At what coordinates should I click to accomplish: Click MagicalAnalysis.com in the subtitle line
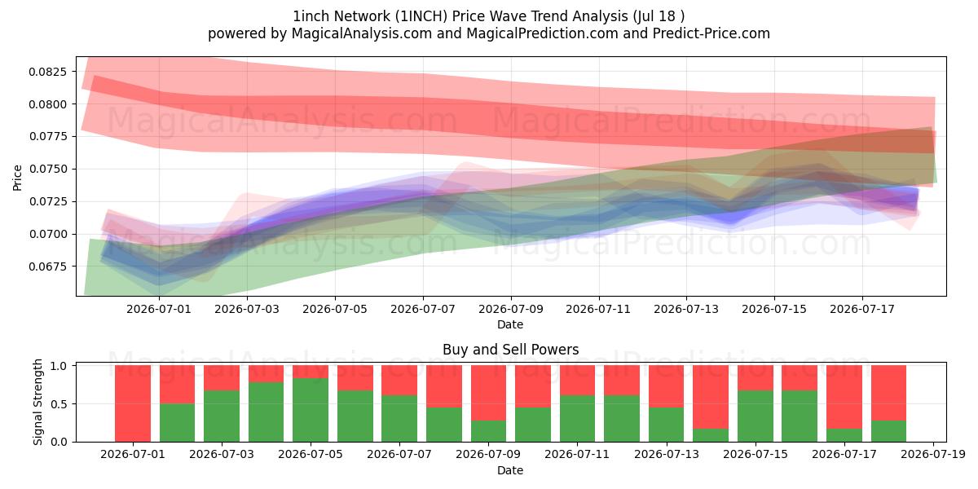point(362,33)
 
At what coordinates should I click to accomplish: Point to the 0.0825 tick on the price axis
point(48,72)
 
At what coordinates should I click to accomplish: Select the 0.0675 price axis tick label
point(48,267)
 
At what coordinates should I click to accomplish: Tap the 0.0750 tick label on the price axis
point(48,169)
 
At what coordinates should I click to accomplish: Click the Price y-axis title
point(17,178)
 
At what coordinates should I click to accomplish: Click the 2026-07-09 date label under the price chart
point(511,309)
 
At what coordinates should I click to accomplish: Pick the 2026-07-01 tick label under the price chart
point(159,309)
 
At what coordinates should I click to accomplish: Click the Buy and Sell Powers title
point(511,350)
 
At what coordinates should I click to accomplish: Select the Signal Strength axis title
point(38,402)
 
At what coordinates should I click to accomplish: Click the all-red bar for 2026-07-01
point(133,403)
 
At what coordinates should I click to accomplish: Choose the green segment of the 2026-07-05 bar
point(311,410)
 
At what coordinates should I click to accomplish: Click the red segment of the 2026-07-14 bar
point(711,398)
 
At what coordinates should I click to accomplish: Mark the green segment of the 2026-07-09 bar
point(488,431)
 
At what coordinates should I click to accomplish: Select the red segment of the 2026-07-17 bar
point(844,398)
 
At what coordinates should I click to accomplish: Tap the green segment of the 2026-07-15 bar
point(756,416)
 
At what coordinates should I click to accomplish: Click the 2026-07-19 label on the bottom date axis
point(933,455)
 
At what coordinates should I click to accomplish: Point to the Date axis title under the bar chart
point(510,470)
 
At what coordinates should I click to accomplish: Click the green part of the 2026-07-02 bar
point(178,423)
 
